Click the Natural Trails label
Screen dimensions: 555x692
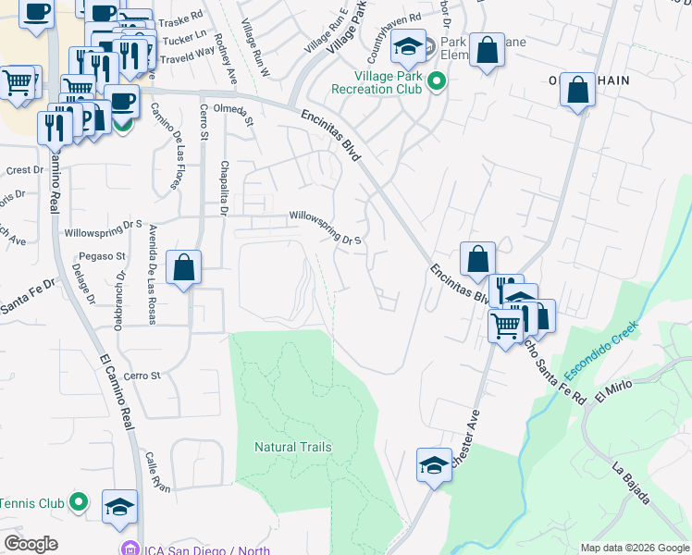[x=292, y=447]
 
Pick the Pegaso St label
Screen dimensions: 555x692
[x=102, y=255]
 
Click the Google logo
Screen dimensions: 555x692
[x=31, y=544]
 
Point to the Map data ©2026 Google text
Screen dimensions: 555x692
[x=634, y=548]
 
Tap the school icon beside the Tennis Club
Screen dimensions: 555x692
[x=119, y=506]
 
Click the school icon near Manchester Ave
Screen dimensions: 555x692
[x=433, y=465]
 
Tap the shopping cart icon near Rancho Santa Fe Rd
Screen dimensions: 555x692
[x=506, y=326]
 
